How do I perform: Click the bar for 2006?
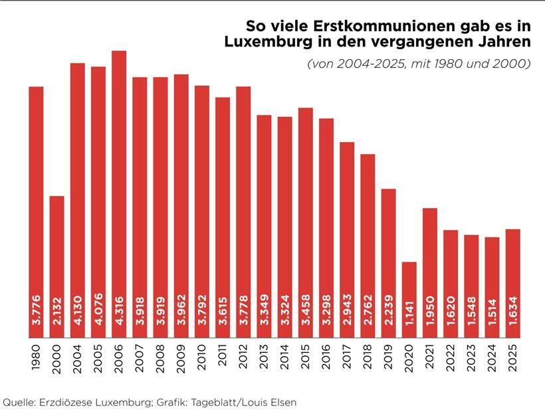coord(119,193)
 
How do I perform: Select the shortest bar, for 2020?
coord(409,299)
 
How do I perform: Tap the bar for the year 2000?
coord(57,266)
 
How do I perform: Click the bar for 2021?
coord(430,272)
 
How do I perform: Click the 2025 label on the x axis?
coord(512,358)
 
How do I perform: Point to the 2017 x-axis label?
coord(347,358)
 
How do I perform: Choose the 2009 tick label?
coord(181,358)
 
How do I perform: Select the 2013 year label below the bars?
coord(264,358)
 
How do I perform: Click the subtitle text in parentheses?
coord(418,64)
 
